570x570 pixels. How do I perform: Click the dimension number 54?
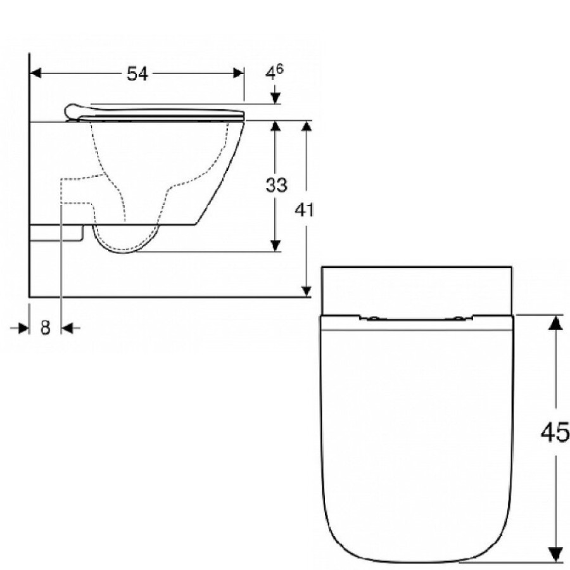coord(137,74)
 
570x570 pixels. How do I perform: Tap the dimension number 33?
coord(277,185)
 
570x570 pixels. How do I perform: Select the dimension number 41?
coord(304,210)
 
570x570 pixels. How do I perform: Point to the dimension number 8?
coord(45,327)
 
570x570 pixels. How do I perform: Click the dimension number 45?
coord(555,433)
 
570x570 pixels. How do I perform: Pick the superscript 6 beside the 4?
coord(279,68)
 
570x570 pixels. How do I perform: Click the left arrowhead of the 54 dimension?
coord(35,73)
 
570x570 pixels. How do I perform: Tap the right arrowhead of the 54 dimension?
coord(239,73)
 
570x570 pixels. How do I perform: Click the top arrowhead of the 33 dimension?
coord(275,126)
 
